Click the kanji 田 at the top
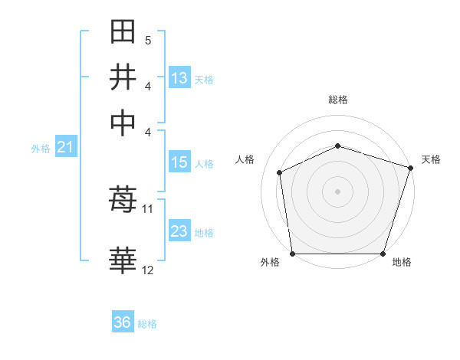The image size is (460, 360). click(x=123, y=33)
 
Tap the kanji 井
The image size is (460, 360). click(x=123, y=77)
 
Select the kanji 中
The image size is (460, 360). click(x=123, y=122)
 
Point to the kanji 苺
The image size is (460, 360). click(x=123, y=200)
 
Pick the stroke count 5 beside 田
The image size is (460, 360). click(x=147, y=40)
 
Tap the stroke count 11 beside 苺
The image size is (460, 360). click(x=147, y=208)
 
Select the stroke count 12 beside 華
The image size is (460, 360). click(x=147, y=270)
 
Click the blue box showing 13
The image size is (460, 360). click(x=179, y=78)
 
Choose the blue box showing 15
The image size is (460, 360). click(x=179, y=162)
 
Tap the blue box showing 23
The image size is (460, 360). click(x=179, y=231)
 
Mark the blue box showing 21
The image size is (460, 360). click(x=65, y=148)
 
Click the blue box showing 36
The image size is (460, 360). click(x=123, y=322)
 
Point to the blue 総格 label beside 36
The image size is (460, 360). click(x=147, y=324)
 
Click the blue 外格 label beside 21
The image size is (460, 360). click(x=41, y=149)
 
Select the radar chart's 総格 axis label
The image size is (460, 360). click(x=337, y=100)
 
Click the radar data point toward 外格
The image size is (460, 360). click(x=292, y=254)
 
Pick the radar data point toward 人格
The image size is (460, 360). click(x=280, y=172)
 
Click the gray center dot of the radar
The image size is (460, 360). click(x=337, y=191)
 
